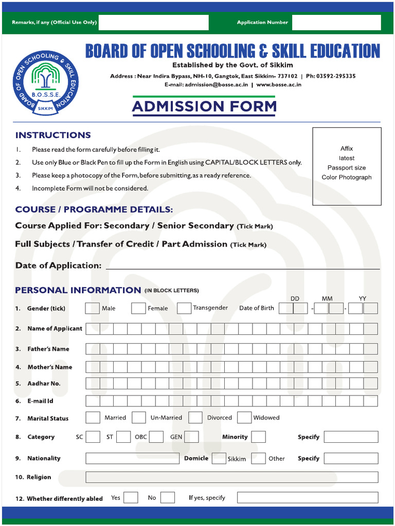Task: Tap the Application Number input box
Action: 336,22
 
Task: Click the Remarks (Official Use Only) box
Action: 153,22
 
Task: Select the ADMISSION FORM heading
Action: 204,106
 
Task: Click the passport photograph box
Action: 347,166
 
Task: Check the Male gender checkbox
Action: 92,308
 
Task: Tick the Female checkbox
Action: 138,308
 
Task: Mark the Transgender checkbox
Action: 184,308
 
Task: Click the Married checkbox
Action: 93,418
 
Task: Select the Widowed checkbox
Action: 244,418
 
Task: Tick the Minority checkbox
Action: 258,437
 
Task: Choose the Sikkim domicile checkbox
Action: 219,459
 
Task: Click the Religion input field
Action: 231,477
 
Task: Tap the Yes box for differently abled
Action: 131,498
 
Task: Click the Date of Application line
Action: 242,266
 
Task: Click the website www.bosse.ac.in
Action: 279,85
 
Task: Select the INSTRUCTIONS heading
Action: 53,135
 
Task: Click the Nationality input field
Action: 132,458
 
